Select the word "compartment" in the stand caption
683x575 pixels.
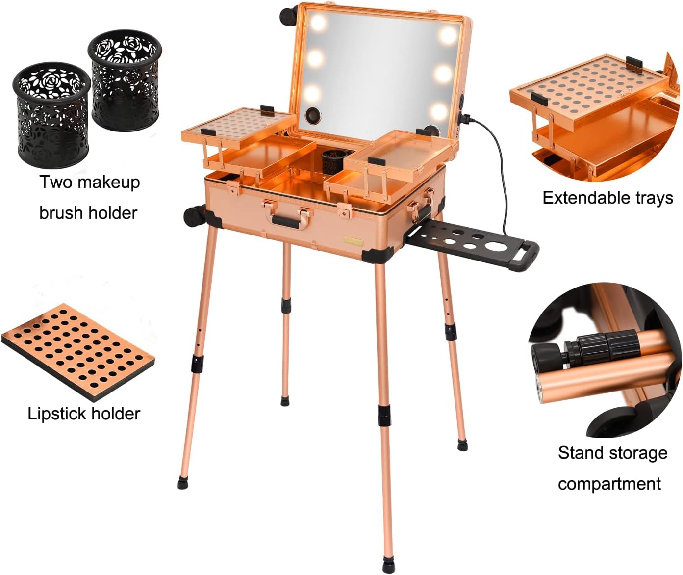click(x=609, y=484)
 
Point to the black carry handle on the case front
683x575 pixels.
click(x=285, y=221)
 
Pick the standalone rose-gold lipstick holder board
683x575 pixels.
click(x=78, y=352)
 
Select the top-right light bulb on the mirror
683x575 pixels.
click(x=448, y=35)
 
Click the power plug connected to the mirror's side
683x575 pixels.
click(x=464, y=118)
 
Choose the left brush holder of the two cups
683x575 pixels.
click(x=51, y=115)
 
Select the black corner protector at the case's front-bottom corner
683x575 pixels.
click(x=377, y=255)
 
